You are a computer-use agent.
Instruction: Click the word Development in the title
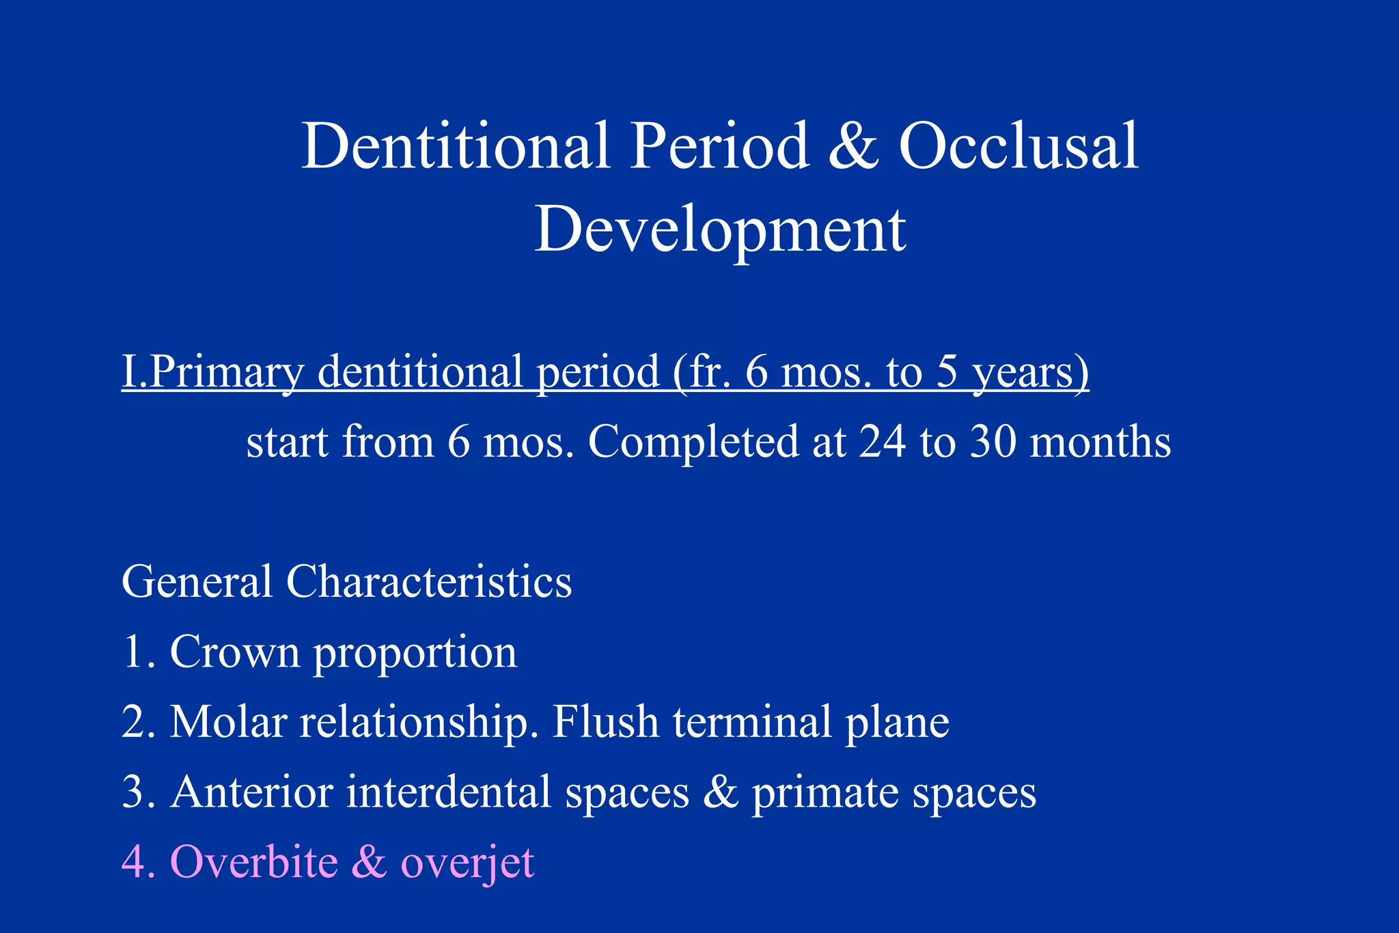[x=720, y=230]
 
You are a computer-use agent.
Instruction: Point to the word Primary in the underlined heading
[x=226, y=372]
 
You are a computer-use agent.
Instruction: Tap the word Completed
[x=693, y=443]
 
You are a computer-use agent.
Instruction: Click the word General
[x=197, y=582]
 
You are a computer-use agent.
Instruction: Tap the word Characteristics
[x=428, y=582]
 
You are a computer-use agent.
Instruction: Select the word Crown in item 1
[x=234, y=652]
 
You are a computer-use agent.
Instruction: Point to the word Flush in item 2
[x=605, y=722]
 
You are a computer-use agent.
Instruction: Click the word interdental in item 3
[x=448, y=792]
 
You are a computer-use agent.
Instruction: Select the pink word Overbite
[x=253, y=862]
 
